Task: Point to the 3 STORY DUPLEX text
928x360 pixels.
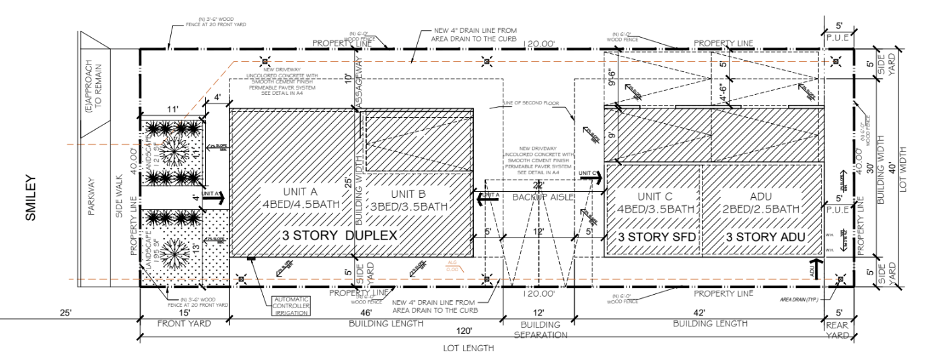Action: [x=339, y=236]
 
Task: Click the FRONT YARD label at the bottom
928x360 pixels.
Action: [x=184, y=324]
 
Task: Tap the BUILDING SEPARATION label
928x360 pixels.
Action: [x=538, y=328]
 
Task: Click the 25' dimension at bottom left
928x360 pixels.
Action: [x=65, y=313]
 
